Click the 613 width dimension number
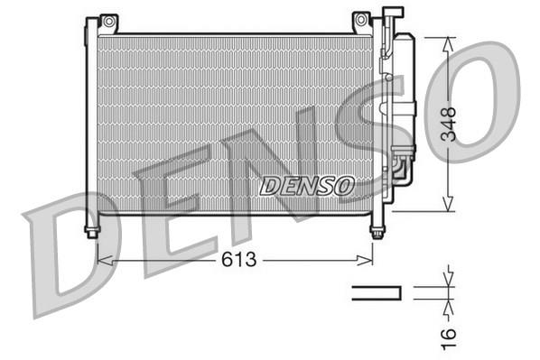coord(239,259)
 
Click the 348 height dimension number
coord(449,125)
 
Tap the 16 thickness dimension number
coord(449,338)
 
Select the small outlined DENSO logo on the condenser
coord(307,186)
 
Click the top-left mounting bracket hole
coord(109,22)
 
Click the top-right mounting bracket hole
coord(361,20)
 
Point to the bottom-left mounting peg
coord(92,232)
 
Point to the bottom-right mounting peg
coord(377,232)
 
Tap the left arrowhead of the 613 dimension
coord(106,261)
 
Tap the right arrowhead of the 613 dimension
coord(365,261)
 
